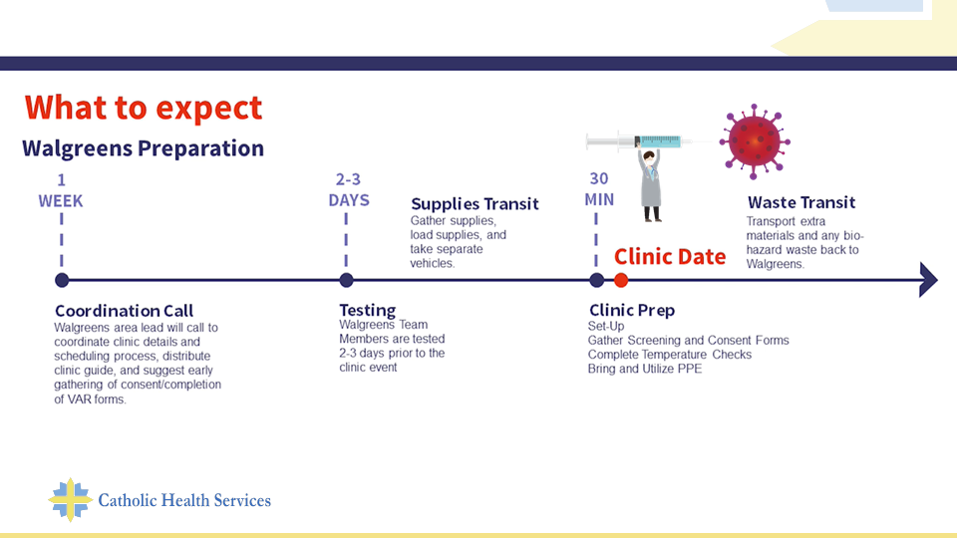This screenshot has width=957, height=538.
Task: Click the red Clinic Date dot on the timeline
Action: point(621,280)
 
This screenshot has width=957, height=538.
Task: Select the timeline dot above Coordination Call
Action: point(62,280)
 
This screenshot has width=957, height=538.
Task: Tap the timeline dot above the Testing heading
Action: point(346,280)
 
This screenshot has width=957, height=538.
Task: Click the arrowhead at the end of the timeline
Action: point(928,280)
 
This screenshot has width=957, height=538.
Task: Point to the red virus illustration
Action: point(755,141)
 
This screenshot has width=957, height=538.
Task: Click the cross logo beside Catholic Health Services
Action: point(70,499)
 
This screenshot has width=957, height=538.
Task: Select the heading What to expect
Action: point(144,108)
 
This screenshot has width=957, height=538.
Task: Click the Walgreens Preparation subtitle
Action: point(143,148)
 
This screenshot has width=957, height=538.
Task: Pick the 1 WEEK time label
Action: point(61,190)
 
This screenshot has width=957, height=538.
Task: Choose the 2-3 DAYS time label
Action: point(349,189)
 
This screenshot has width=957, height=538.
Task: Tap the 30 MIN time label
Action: point(599,189)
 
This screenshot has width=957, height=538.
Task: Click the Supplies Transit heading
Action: point(475,203)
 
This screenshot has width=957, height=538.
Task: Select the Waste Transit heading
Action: point(801,202)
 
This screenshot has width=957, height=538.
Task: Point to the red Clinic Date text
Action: point(670,257)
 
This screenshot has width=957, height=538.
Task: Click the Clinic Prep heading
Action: point(632,311)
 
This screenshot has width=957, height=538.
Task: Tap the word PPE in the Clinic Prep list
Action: point(689,369)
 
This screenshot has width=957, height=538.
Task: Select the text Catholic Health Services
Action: point(184,500)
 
